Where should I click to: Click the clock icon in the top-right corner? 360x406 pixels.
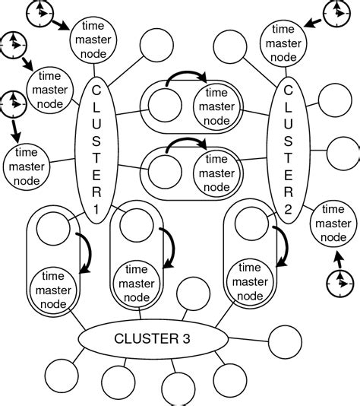click(x=333, y=13)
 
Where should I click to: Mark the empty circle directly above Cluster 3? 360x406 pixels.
click(x=190, y=293)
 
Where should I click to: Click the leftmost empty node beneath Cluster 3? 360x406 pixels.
click(x=60, y=376)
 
